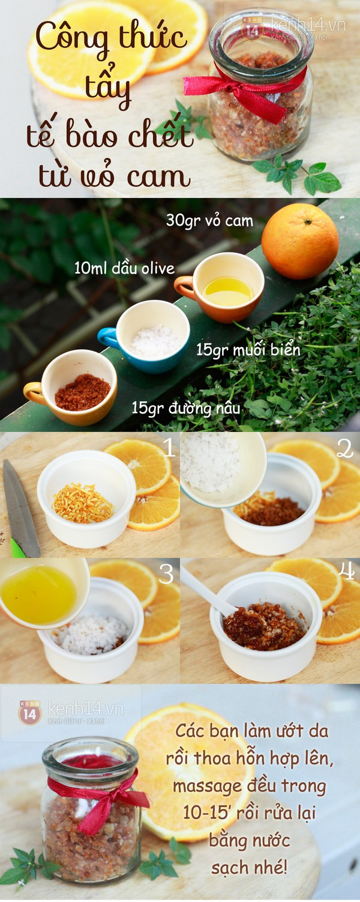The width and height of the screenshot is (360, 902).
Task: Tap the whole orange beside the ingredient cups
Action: [x=300, y=241]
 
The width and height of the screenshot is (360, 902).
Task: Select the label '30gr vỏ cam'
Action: [x=209, y=221]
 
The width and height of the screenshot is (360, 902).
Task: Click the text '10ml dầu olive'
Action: [x=124, y=268]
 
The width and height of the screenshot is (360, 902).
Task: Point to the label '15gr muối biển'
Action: [x=248, y=350]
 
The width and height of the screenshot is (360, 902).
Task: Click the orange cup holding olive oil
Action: [x=220, y=287]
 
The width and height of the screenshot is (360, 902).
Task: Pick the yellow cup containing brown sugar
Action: [x=71, y=387]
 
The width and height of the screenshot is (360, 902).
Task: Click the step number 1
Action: [x=169, y=447]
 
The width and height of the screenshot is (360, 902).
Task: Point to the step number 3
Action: [x=167, y=575]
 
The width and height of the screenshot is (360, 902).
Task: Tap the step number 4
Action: [x=347, y=572]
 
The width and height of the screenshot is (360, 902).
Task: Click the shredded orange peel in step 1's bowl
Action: [x=83, y=503]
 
